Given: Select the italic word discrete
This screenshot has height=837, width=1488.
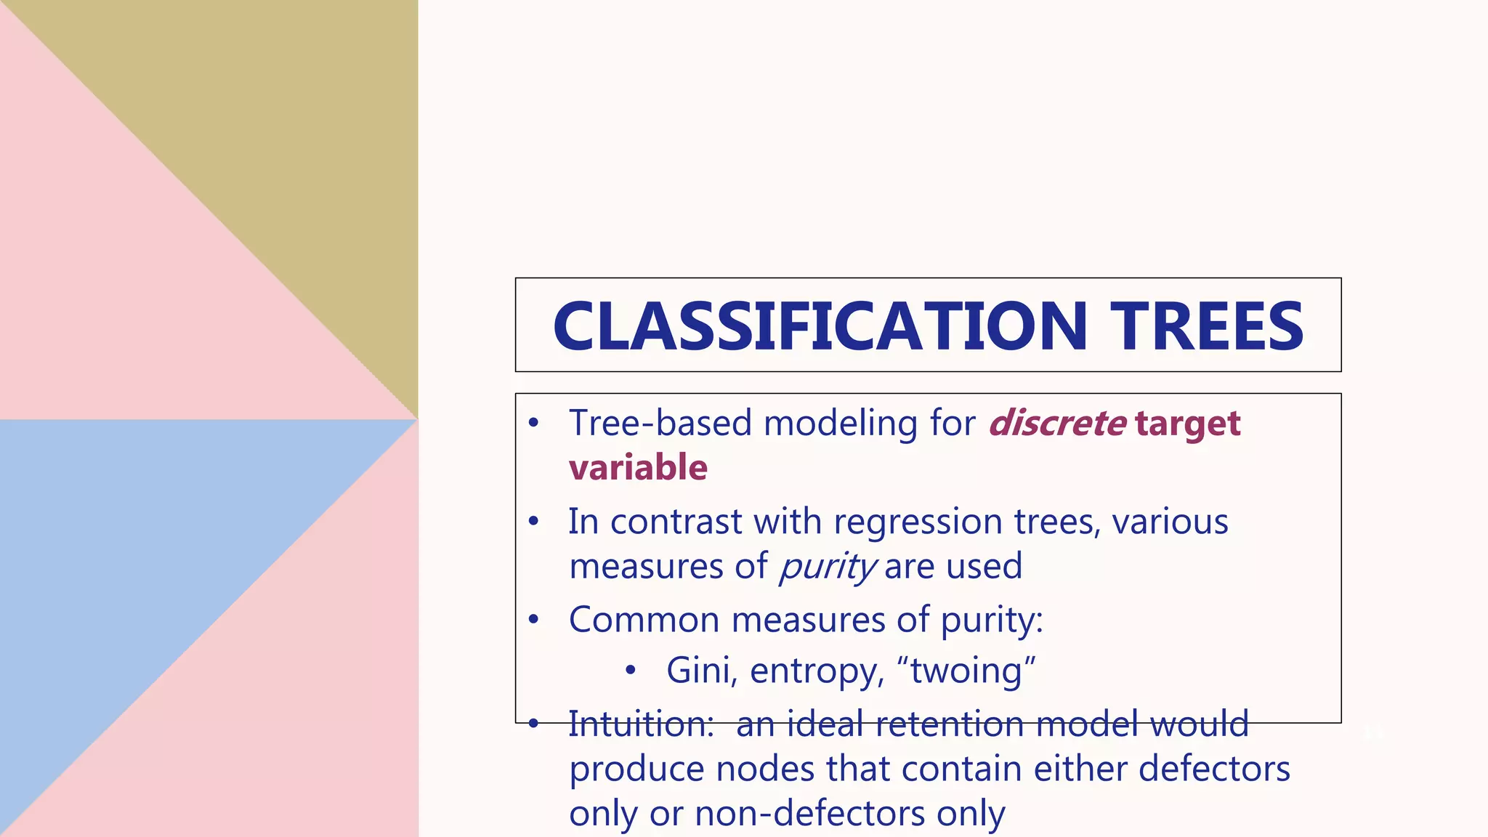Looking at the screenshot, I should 1057,423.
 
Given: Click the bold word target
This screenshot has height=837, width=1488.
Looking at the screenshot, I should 1187,424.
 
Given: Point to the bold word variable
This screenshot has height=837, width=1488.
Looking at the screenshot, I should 638,467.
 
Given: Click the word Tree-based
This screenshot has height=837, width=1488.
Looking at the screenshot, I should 660,423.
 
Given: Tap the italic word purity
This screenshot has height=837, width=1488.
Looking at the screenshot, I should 828,567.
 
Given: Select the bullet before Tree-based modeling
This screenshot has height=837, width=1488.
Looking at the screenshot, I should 534,423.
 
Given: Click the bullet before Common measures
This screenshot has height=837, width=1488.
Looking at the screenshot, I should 534,620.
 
